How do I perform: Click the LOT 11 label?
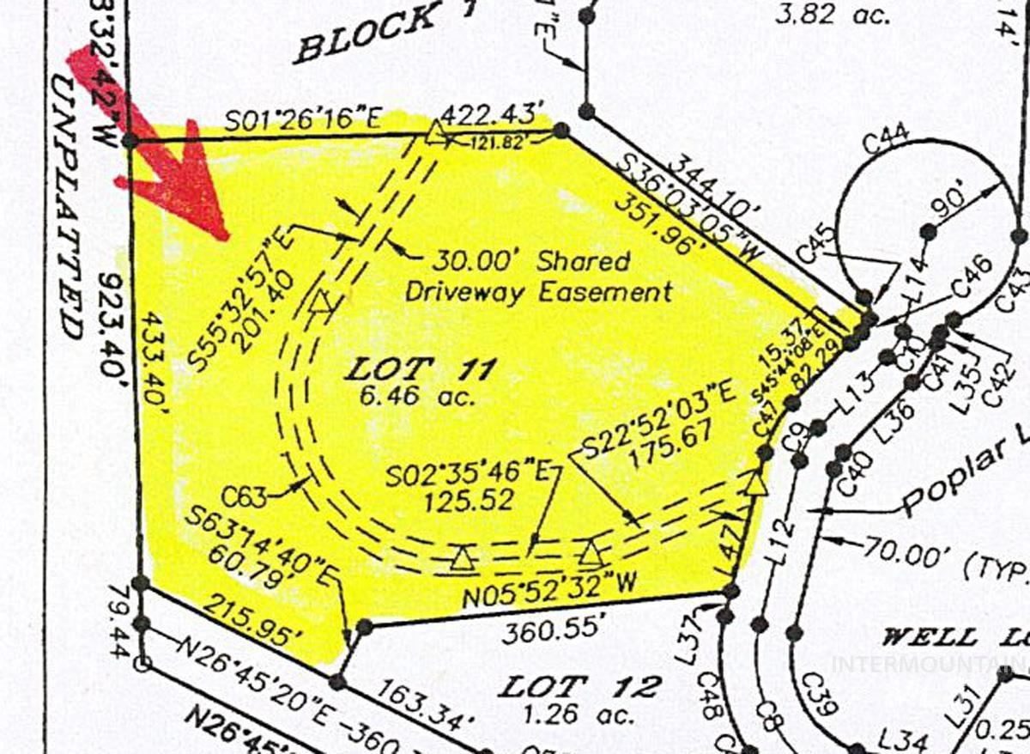point(421,371)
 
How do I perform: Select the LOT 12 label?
point(580,687)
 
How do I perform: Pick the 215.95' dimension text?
point(255,625)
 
